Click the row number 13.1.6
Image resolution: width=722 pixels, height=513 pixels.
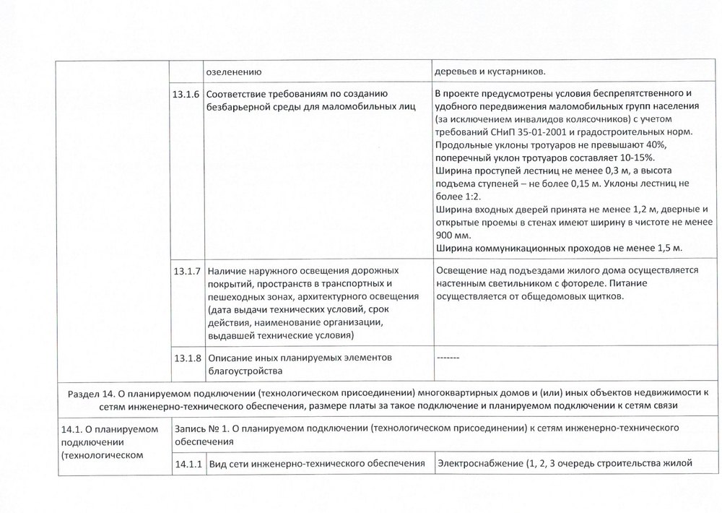coord(186,94)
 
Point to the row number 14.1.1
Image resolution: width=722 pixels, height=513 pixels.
coord(186,463)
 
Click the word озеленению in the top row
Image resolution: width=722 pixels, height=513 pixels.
coord(234,72)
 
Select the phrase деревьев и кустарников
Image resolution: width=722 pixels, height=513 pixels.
coord(490,72)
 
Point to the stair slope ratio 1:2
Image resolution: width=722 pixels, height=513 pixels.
coord(469,197)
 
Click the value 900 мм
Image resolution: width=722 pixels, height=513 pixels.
coord(453,236)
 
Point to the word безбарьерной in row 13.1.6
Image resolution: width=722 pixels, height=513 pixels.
coord(238,107)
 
